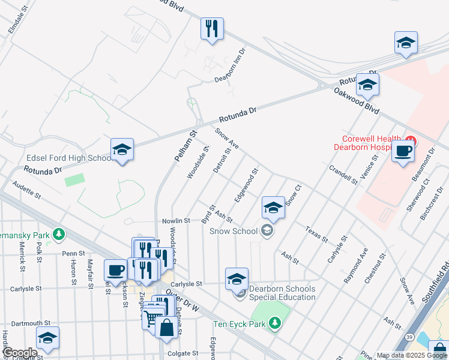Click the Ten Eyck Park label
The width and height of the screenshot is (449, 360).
[240, 325]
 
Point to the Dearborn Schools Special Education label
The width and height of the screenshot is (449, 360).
[282, 293]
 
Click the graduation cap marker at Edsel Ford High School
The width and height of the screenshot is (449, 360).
[122, 150]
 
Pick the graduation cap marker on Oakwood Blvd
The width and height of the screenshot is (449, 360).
[367, 85]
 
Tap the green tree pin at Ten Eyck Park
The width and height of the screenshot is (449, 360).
[275, 324]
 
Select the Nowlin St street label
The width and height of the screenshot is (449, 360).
[176, 221]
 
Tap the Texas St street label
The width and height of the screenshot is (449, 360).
[316, 235]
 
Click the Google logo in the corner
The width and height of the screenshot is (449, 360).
[20, 353]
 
